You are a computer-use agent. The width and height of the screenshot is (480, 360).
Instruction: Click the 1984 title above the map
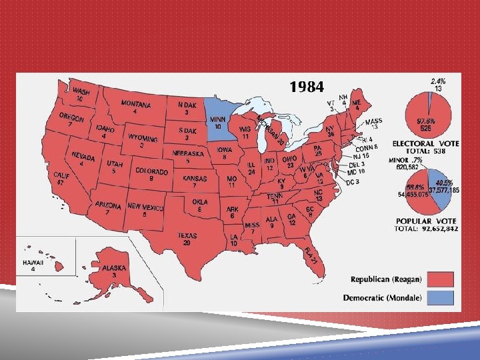[x=307, y=87]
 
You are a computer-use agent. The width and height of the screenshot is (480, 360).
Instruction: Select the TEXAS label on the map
[x=187, y=235]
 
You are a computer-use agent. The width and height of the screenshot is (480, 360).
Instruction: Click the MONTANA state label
[x=135, y=105]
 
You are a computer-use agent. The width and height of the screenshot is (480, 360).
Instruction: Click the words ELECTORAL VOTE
[x=425, y=143]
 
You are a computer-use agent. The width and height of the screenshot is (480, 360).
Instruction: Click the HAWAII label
[x=33, y=263]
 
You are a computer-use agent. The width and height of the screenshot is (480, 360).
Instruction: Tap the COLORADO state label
[x=151, y=171]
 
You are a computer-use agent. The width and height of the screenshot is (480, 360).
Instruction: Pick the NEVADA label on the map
[x=84, y=158]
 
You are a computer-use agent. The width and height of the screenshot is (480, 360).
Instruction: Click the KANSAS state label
[x=195, y=179]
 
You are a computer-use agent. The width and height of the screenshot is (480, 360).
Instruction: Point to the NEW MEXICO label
[x=145, y=208]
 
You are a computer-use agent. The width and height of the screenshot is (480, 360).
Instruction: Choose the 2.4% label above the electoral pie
[x=438, y=80]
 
